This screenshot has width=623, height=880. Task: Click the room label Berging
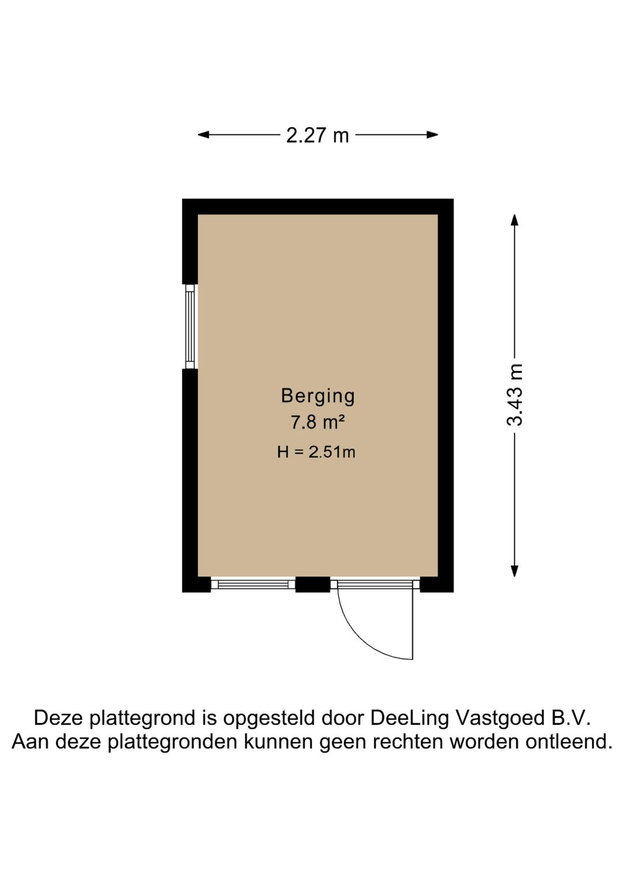click(318, 397)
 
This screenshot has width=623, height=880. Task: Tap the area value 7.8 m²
click(318, 423)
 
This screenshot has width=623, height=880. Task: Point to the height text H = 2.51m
click(317, 452)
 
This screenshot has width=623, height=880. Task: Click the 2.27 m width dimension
click(318, 135)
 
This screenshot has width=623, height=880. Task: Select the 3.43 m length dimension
click(515, 394)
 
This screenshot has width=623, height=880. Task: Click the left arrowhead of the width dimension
click(203, 135)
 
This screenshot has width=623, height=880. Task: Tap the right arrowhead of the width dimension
click(433, 135)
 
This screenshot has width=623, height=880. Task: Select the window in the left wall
click(190, 326)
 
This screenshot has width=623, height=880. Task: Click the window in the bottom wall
click(253, 585)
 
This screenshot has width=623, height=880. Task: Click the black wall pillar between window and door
click(313, 585)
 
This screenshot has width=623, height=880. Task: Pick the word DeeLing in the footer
click(409, 718)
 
